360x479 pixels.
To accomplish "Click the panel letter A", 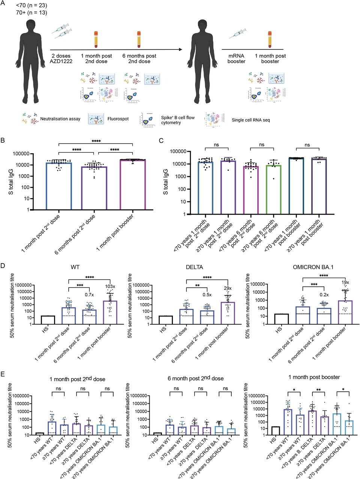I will pyautogui.click(x=4, y=4).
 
